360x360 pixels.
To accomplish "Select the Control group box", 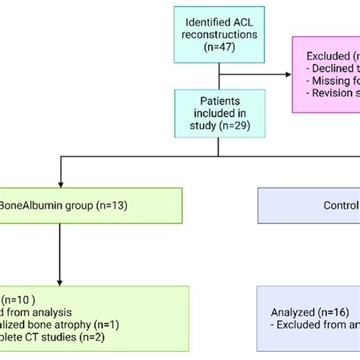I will (308, 205).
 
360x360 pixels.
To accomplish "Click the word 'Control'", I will (340, 205).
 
